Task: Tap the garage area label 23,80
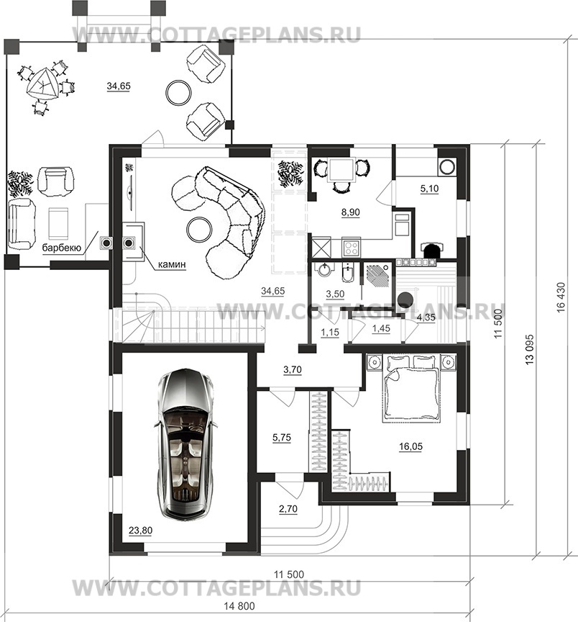click(141, 531)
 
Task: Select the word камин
click(172, 264)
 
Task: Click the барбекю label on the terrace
click(62, 248)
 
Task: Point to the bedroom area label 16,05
click(410, 446)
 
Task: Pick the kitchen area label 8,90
click(351, 212)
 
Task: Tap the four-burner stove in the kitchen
click(351, 248)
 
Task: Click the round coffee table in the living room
click(200, 229)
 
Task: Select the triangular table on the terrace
click(42, 84)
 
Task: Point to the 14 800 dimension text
click(239, 606)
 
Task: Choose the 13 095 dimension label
click(531, 349)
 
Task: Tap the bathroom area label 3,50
click(335, 294)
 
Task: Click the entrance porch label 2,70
click(288, 509)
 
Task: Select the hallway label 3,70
click(293, 370)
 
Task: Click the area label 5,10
click(429, 189)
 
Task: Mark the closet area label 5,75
click(282, 438)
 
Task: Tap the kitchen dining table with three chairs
click(341, 173)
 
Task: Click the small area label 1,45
click(381, 328)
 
